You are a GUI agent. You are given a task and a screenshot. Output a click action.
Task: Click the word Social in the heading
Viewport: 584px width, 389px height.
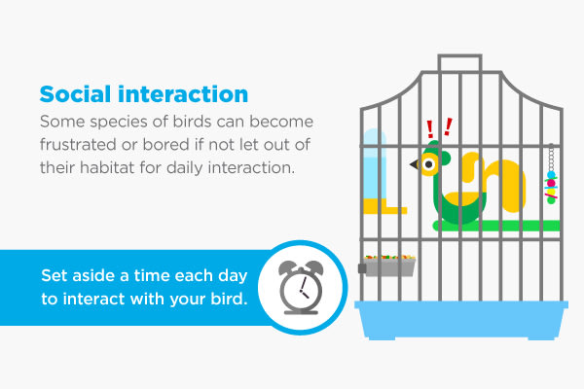[x=75, y=93]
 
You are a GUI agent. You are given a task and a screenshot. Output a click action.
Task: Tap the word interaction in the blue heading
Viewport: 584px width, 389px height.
[x=183, y=93]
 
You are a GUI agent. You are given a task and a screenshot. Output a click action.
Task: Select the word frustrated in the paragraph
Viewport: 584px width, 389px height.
[x=78, y=145]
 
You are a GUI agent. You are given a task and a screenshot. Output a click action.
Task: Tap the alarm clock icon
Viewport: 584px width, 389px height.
[x=301, y=288]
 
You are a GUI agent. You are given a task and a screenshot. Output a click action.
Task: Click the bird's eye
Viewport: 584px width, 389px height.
[x=429, y=164]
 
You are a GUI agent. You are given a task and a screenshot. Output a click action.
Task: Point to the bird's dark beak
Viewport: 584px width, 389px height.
[x=415, y=163]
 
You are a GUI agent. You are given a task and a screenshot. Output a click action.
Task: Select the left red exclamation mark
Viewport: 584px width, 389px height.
[x=430, y=129]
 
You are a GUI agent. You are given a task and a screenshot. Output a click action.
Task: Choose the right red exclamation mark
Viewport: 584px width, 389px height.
[x=448, y=126]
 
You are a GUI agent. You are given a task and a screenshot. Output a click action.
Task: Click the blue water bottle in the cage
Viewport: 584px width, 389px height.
[x=375, y=165]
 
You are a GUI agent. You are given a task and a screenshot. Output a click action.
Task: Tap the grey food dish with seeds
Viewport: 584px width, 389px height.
[x=387, y=265]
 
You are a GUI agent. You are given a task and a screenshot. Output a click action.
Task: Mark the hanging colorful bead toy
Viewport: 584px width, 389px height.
[x=551, y=175]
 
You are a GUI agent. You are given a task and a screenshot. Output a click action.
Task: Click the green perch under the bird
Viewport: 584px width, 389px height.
[x=496, y=226]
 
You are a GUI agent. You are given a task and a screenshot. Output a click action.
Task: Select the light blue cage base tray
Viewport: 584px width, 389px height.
[x=461, y=319]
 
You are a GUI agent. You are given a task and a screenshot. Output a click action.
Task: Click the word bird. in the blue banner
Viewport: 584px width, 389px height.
[x=229, y=299]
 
